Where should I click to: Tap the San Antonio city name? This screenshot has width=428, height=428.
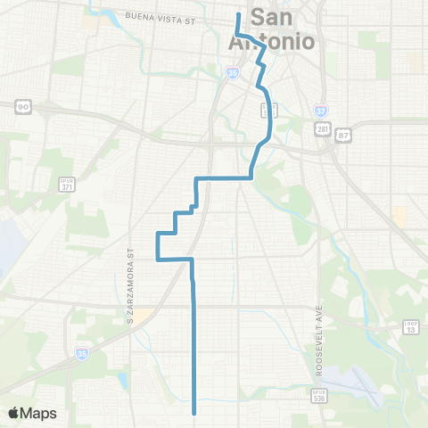pyautogui.click(x=283, y=29)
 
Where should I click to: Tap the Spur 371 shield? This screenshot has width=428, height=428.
pyautogui.click(x=66, y=185)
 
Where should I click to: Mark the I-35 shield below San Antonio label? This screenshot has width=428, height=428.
pyautogui.click(x=233, y=74)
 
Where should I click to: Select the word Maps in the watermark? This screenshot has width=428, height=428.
pyautogui.click(x=40, y=414)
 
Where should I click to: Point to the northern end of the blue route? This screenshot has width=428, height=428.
pyautogui.click(x=238, y=13)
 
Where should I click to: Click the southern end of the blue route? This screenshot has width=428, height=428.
pyautogui.click(x=194, y=413)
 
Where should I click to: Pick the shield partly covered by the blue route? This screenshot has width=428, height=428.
pyautogui.click(x=266, y=109)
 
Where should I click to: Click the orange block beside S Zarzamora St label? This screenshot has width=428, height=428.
pyautogui.click(x=141, y=314)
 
